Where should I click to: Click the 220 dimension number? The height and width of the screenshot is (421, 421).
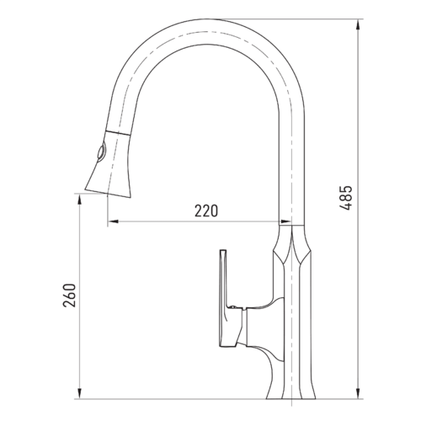pos(206,210)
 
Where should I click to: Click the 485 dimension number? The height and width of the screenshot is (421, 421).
pos(345,198)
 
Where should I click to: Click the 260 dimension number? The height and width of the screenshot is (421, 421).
pos(70,296)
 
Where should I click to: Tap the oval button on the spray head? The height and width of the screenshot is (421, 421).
pos(101,152)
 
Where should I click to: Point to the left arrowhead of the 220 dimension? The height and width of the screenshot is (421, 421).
pos(113,221)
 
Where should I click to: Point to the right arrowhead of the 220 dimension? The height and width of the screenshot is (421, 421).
pos(285,221)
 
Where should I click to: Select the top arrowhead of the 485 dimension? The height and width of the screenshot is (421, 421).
pos(358,24)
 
